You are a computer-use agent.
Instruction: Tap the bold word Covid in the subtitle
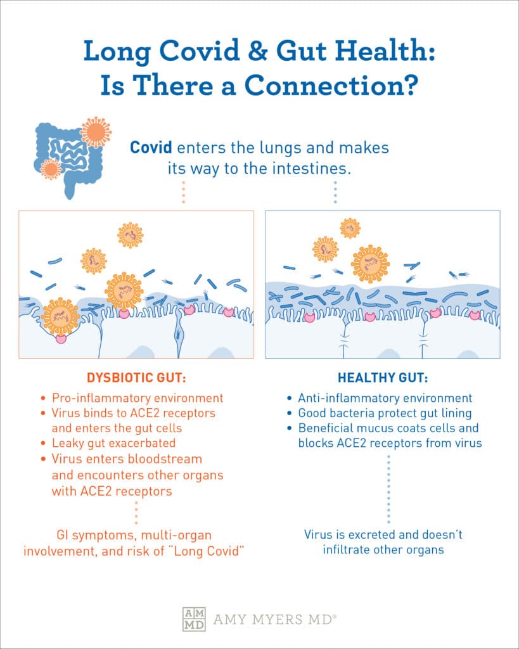pos(151,147)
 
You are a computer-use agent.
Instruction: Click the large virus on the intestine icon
pos(96,132)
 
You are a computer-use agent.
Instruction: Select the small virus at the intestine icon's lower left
pos(51,169)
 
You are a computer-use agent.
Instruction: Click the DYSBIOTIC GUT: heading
pos(136,378)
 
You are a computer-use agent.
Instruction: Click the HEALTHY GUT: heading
pos(383,378)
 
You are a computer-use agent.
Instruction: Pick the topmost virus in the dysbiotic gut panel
pos(131,235)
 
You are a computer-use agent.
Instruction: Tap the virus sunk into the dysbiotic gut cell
pos(60,317)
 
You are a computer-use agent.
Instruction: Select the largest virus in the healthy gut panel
pos(371,264)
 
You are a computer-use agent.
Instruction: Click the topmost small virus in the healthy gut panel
pos(350,228)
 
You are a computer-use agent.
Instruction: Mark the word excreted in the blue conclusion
pos(372,534)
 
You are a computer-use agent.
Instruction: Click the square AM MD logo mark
pos(194,619)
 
